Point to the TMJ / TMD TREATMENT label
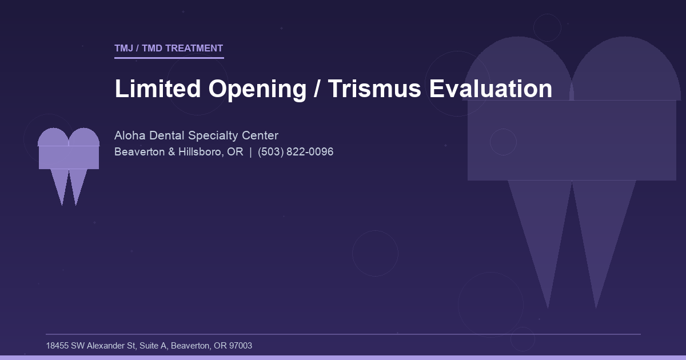pyautogui.click(x=169, y=49)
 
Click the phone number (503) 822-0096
pyautogui.click(x=296, y=152)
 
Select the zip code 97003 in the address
pyautogui.click(x=240, y=346)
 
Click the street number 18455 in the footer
pyautogui.click(x=57, y=346)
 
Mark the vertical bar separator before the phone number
pyautogui.click(x=250, y=152)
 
